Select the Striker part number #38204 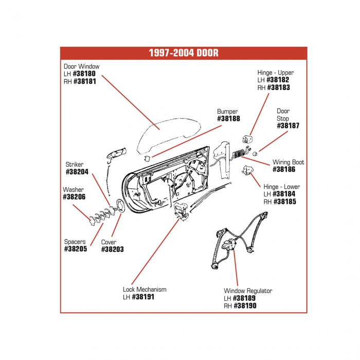77,172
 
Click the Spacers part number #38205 76,249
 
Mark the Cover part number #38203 112,249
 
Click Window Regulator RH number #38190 245,305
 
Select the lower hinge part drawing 249,170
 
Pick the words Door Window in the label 82,66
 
